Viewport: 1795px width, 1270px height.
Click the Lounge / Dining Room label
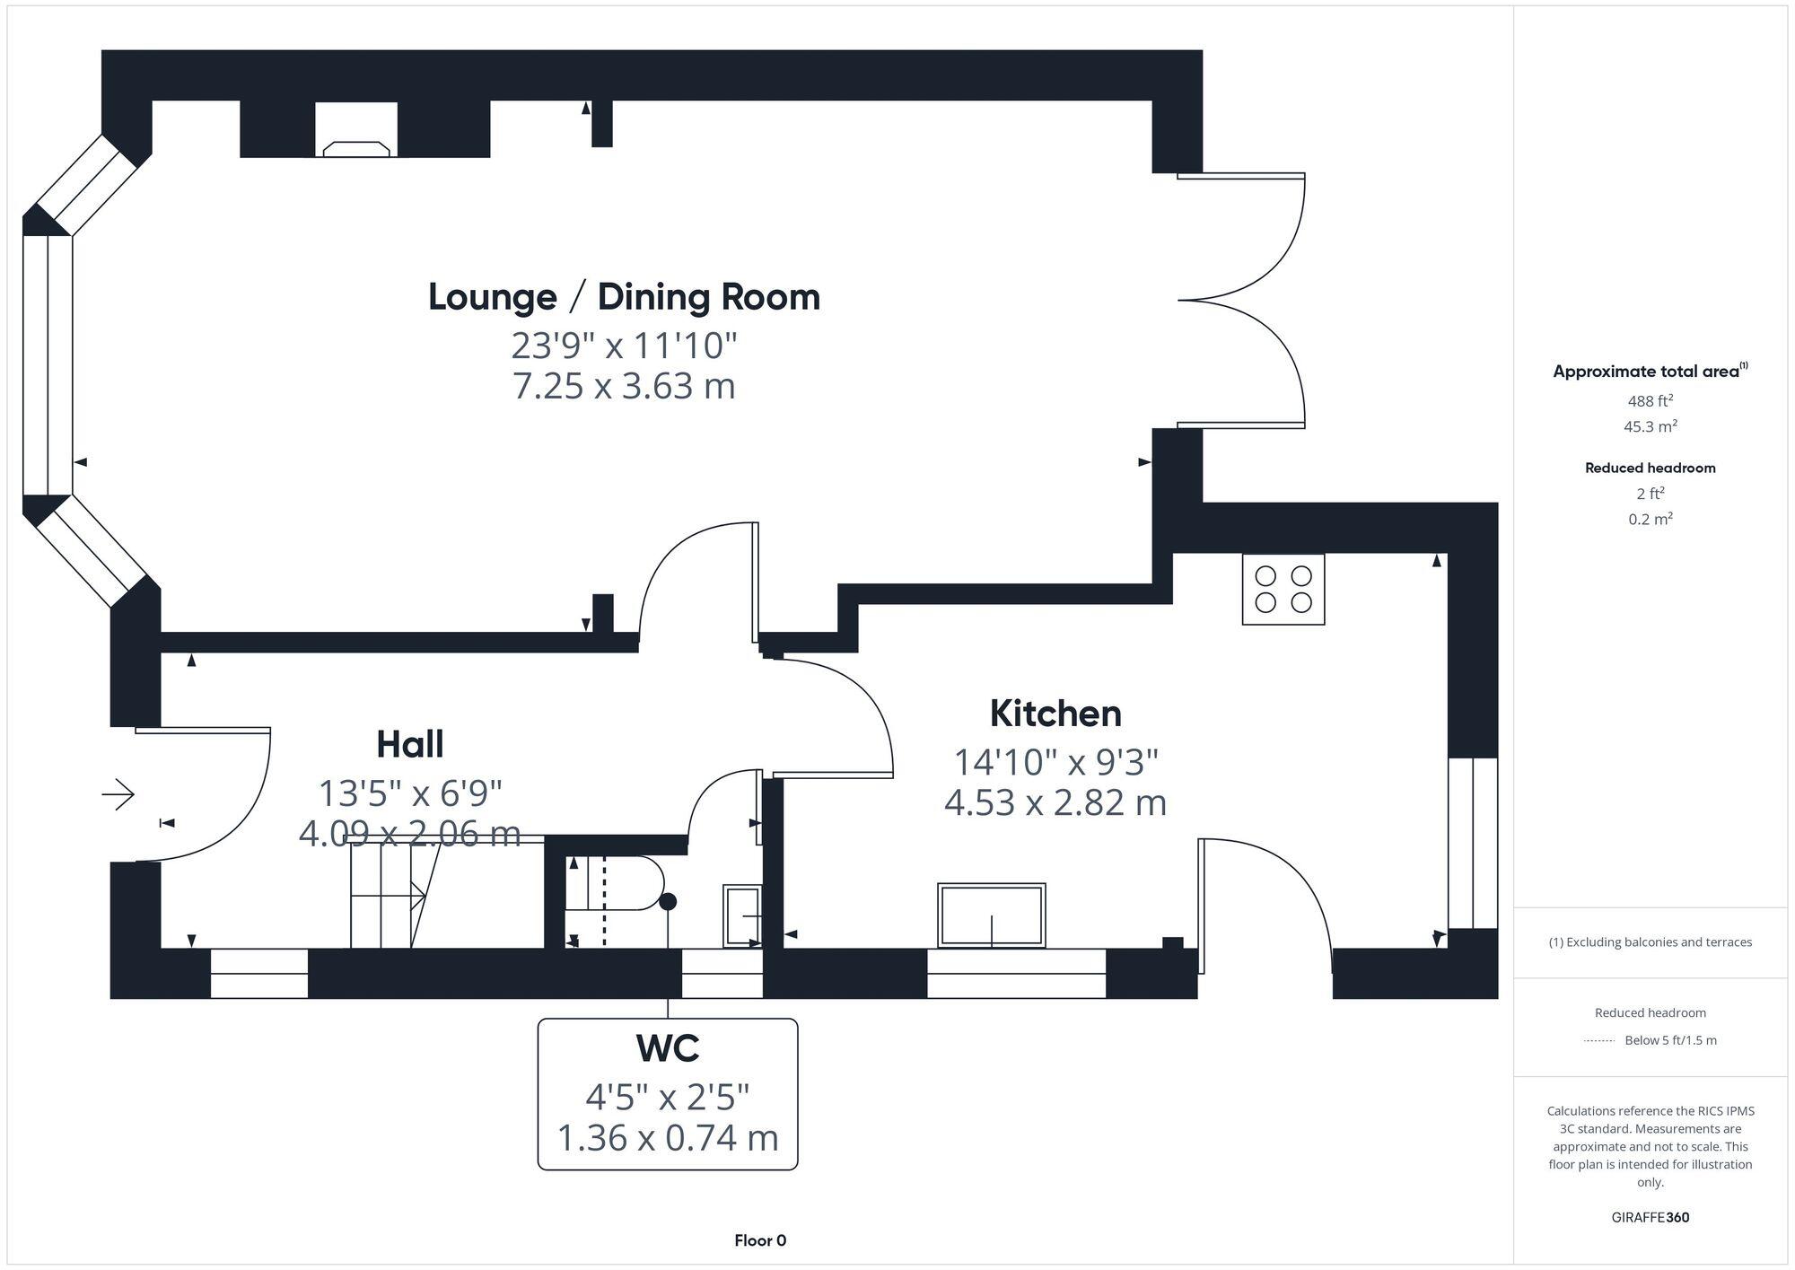click(x=624, y=297)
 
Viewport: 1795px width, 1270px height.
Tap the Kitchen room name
click(x=1055, y=714)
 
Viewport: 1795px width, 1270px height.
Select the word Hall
click(x=409, y=744)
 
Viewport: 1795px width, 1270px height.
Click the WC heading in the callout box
click(x=667, y=1048)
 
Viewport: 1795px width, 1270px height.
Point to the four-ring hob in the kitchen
click(x=1283, y=589)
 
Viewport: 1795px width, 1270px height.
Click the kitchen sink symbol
click(x=991, y=915)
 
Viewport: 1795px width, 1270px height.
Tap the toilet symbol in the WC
click(x=619, y=884)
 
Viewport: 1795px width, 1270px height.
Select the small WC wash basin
click(x=741, y=915)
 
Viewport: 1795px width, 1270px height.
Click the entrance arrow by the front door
click(x=118, y=793)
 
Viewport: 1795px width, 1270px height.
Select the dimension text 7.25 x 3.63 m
click(x=624, y=386)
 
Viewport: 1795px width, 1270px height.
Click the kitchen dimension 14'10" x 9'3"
click(x=1055, y=762)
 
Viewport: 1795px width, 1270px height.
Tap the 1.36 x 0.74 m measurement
click(x=667, y=1138)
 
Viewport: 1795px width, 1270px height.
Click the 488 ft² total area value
click(x=1650, y=401)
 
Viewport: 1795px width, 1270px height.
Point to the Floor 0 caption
click(x=760, y=1240)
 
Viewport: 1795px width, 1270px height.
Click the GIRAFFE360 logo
click(x=1650, y=1218)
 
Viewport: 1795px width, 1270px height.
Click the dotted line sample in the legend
click(x=1598, y=1041)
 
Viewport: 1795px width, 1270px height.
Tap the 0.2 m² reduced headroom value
click(x=1650, y=519)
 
